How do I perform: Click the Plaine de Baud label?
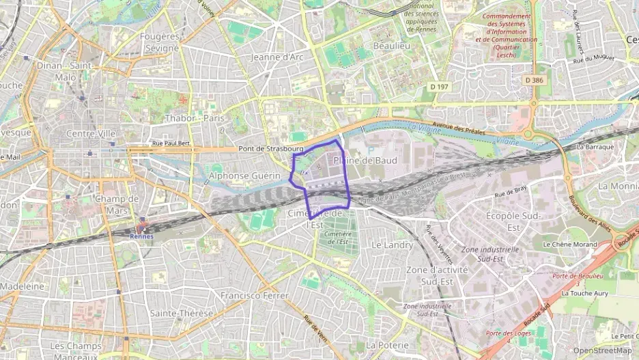(x=365, y=160)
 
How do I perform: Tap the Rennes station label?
(x=142, y=236)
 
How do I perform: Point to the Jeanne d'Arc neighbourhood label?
(x=277, y=57)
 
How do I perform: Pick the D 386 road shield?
(x=535, y=80)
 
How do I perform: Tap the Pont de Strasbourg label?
(x=271, y=148)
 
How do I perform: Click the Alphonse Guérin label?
(x=244, y=176)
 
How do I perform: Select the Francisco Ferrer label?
(x=253, y=295)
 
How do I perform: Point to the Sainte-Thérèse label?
(x=182, y=313)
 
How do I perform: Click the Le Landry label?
(x=392, y=244)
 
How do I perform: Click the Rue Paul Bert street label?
(x=171, y=143)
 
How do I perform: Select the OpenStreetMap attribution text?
(x=603, y=350)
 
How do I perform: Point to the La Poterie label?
(x=388, y=345)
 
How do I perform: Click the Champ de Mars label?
(x=117, y=204)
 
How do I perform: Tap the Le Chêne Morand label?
(x=569, y=244)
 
